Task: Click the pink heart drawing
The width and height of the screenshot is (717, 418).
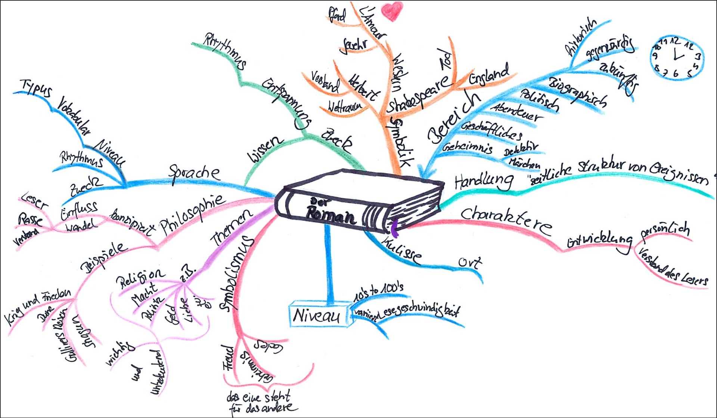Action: point(392,11)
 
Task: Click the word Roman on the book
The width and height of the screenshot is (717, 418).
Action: point(331,216)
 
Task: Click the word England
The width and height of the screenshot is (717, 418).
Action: point(489,75)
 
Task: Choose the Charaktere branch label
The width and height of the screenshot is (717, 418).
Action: point(506,220)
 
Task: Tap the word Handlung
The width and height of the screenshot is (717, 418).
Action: point(484,182)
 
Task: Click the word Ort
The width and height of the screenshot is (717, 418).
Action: point(470,263)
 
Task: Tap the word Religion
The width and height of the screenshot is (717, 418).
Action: point(140,278)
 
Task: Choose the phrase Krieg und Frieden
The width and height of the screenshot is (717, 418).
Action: point(37,306)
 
